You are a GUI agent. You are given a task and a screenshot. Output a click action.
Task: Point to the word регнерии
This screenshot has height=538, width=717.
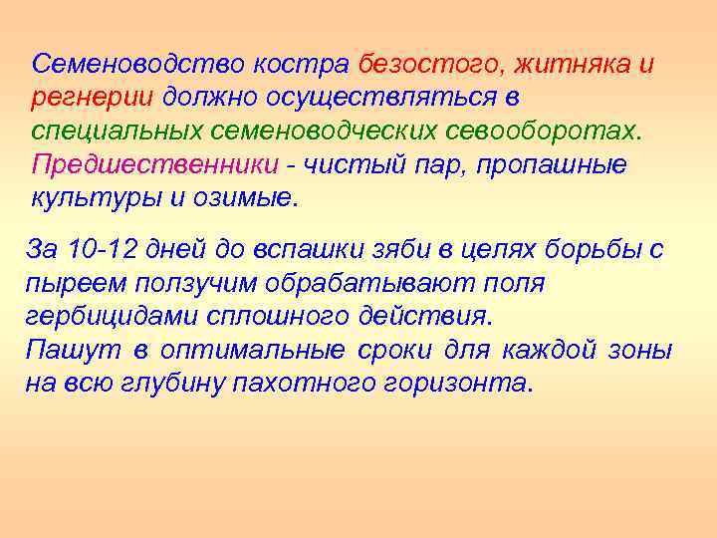(92, 98)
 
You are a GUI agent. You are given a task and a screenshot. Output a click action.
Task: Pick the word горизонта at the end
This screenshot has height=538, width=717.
(459, 384)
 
